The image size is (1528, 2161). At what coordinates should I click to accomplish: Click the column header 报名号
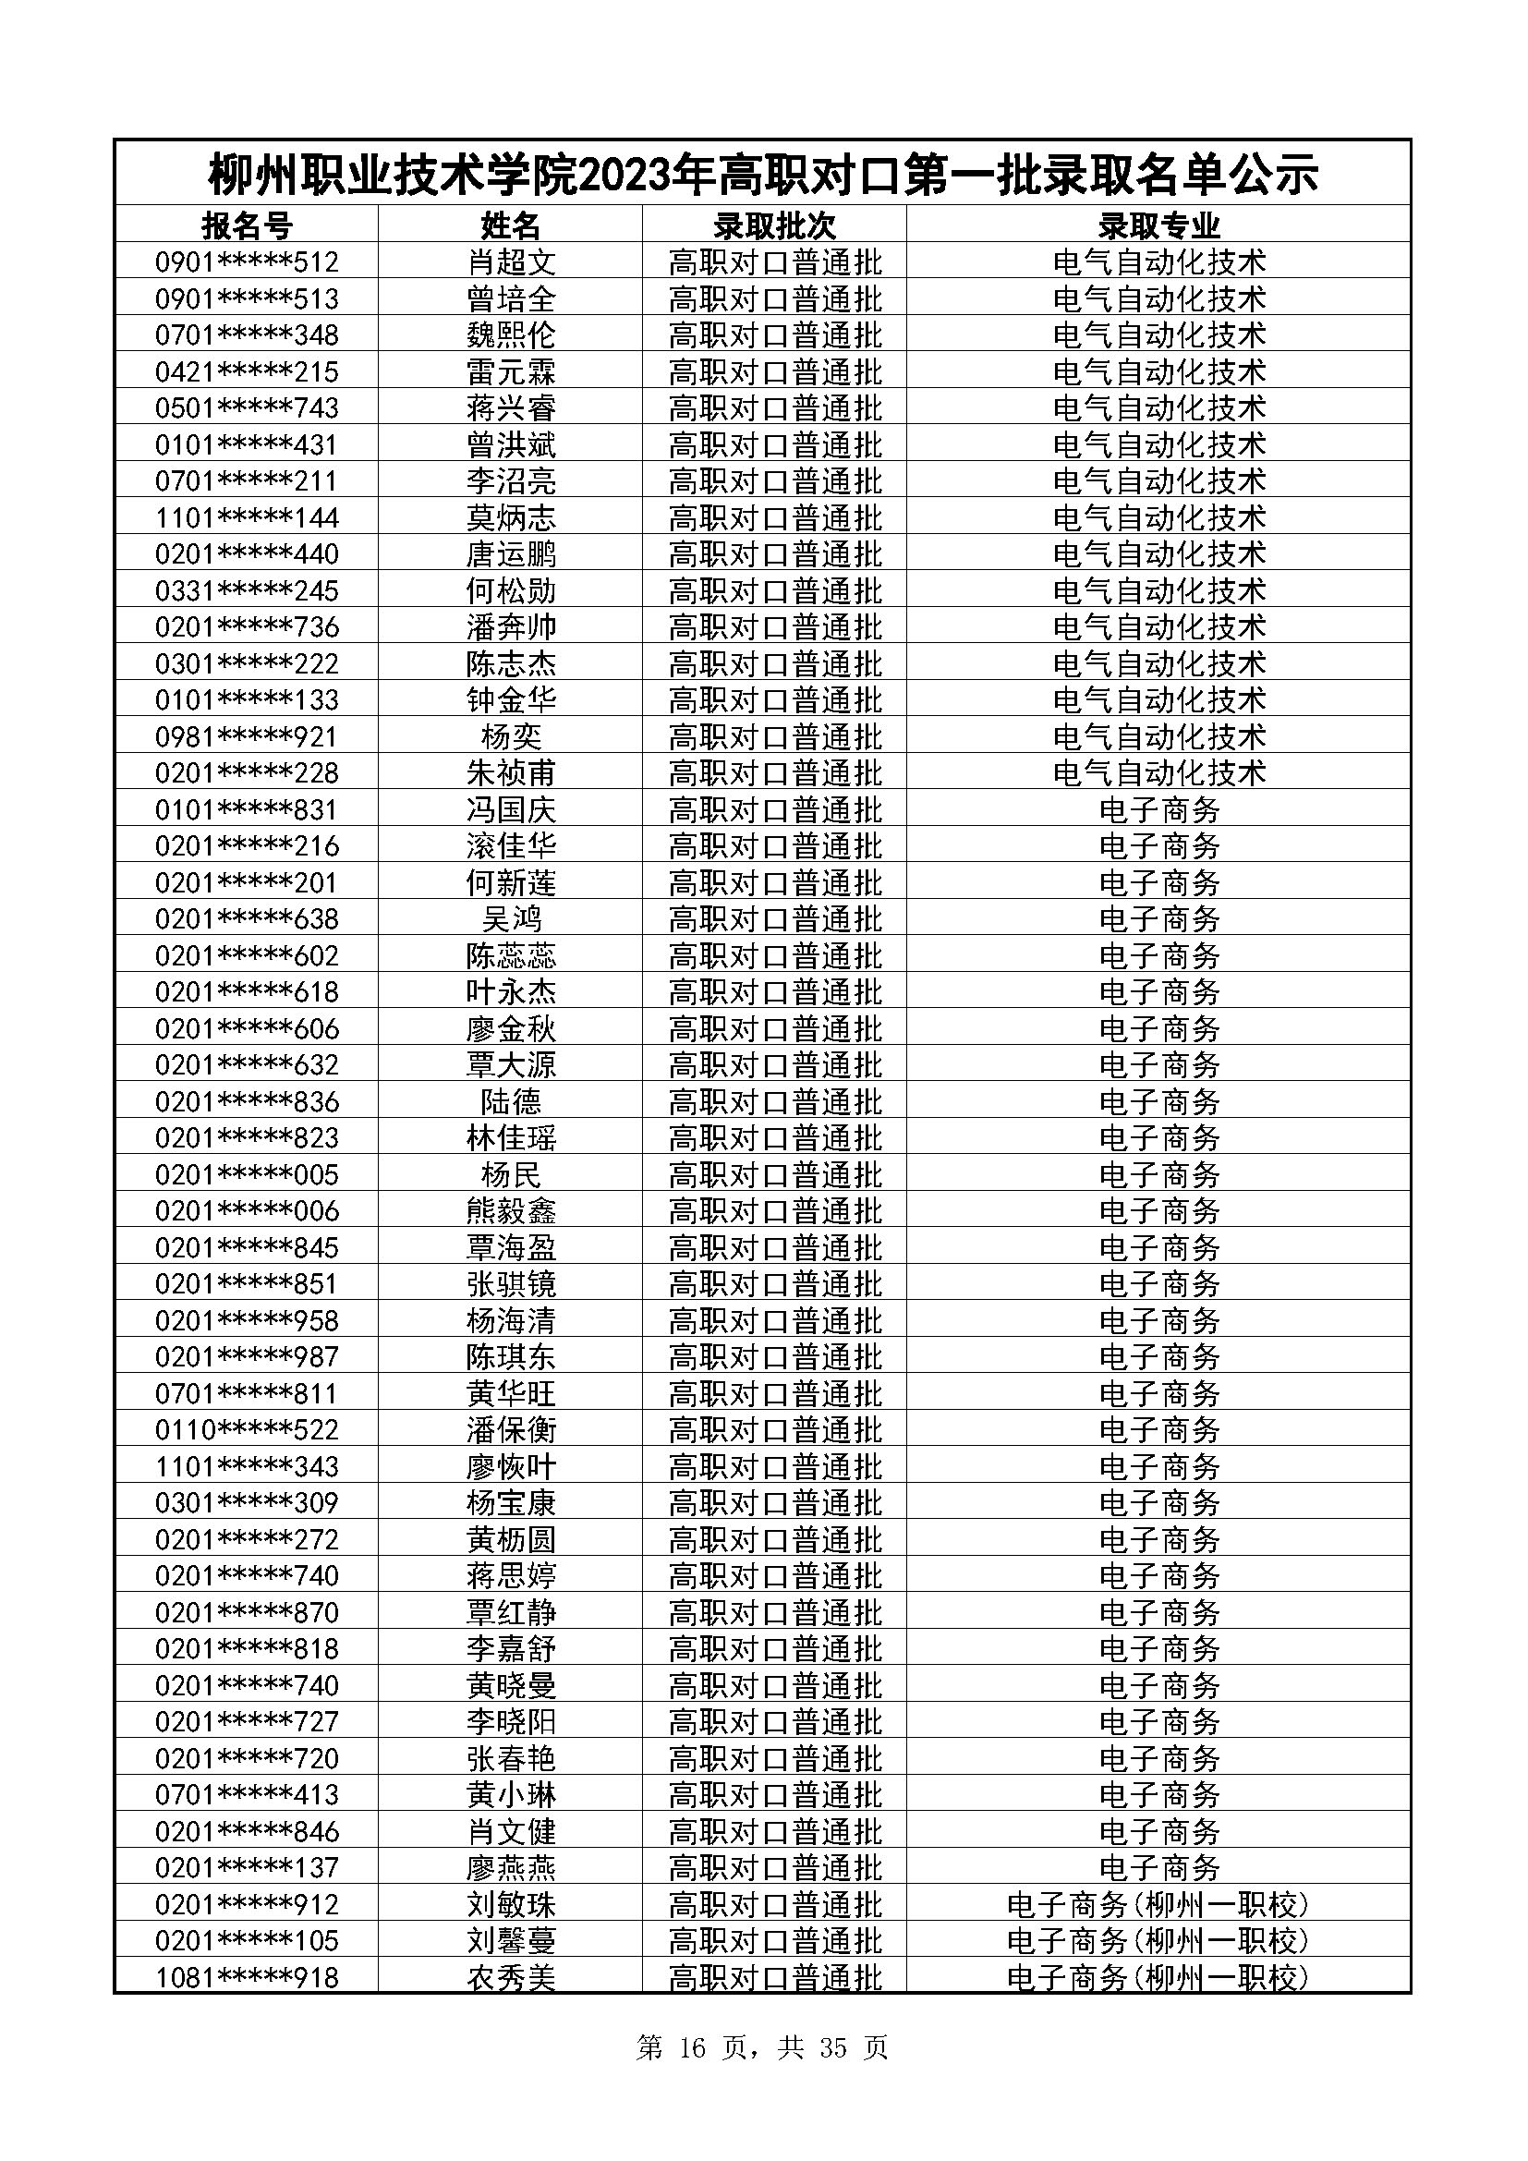247,225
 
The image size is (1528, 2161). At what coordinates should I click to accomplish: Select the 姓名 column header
511,225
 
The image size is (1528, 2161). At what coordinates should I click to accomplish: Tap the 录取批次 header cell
774,225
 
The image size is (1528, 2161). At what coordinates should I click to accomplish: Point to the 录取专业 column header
1158,225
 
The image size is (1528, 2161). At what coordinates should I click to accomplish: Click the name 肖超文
511,261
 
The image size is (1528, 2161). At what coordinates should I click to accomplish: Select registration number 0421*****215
247,371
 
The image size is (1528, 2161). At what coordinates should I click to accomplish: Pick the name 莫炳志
511,517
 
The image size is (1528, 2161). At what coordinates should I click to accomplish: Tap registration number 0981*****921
247,737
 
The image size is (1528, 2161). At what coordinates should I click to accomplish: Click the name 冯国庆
511,809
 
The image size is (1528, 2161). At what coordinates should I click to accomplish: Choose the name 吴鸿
511,919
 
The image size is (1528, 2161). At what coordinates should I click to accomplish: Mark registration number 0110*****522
247,1429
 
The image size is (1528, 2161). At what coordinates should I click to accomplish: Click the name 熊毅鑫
511,1210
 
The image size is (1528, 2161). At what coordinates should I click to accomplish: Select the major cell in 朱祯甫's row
1158,773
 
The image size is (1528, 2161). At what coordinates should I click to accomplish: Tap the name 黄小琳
511,1795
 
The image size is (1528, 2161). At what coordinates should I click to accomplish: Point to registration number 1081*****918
247,1977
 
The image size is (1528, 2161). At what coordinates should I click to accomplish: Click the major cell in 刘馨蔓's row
1158,1941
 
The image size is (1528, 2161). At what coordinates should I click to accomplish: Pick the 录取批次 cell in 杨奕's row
774,737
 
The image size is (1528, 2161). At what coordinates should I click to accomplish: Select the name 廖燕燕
511,1867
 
